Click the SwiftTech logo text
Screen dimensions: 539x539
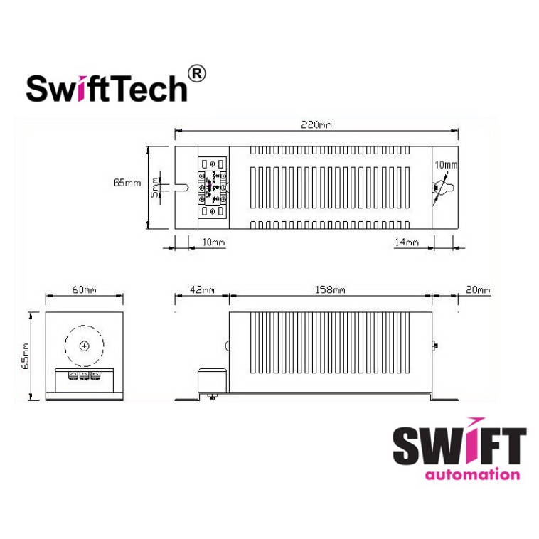pyautogui.click(x=107, y=88)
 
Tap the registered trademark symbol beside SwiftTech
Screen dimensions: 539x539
pyautogui.click(x=197, y=73)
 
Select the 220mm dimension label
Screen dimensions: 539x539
pyautogui.click(x=316, y=125)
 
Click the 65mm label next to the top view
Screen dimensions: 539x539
pyautogui.click(x=127, y=183)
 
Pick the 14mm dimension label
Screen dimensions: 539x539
pyautogui.click(x=406, y=242)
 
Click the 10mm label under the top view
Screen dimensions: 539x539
pyautogui.click(x=213, y=242)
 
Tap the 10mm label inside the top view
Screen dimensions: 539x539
pyautogui.click(x=446, y=165)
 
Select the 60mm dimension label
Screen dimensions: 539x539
pyautogui.click(x=84, y=289)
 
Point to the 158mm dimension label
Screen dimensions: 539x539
pyautogui.click(x=331, y=289)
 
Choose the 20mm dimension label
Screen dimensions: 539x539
pyautogui.click(x=479, y=289)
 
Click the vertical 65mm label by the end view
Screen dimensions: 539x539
pyautogui.click(x=25, y=355)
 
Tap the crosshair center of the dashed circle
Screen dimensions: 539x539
pyautogui.click(x=84, y=346)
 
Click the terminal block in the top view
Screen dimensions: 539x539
pyautogui.click(x=213, y=187)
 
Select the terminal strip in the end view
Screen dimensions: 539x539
pyautogui.click(x=84, y=375)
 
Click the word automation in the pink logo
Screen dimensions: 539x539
pyautogui.click(x=471, y=474)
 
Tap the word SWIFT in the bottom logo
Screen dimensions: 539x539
pyautogui.click(x=459, y=447)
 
